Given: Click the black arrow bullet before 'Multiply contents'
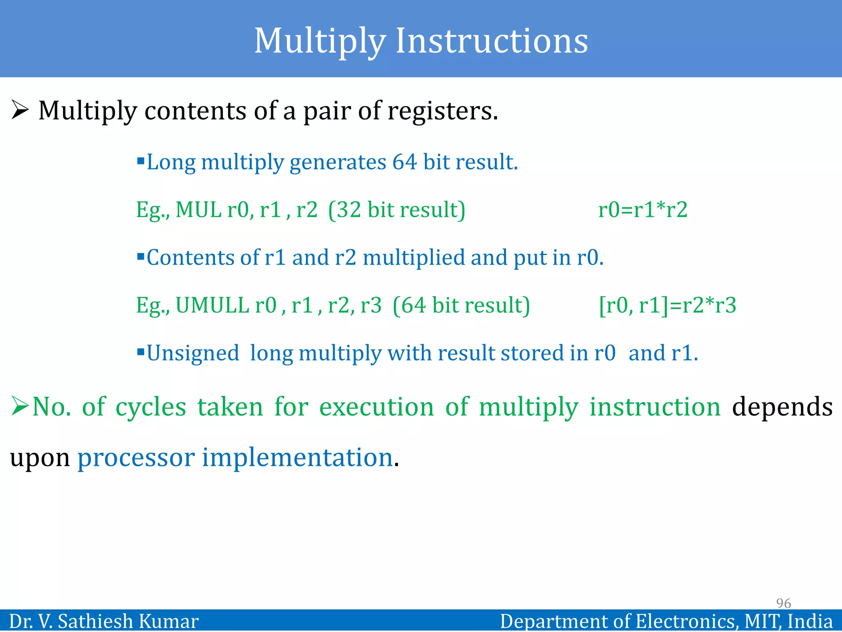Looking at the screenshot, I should click(x=20, y=110).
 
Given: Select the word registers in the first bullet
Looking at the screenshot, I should click(x=442, y=111).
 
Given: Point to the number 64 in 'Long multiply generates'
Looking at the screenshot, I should click(x=405, y=162).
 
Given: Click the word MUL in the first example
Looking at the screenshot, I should click(x=199, y=209).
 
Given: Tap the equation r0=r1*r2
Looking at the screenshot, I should click(x=642, y=209).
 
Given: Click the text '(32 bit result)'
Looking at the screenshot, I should click(x=396, y=209).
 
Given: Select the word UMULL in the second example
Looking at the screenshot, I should click(x=212, y=305).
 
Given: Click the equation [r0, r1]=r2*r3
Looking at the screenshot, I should click(x=667, y=305).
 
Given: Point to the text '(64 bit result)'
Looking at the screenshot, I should click(x=461, y=305).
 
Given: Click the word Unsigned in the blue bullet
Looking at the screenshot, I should click(x=193, y=353).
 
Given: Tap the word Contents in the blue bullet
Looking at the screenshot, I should click(x=190, y=258).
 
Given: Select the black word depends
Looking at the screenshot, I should click(x=782, y=407).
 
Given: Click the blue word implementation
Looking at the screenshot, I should click(x=297, y=457).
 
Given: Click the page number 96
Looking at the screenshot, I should click(x=783, y=603).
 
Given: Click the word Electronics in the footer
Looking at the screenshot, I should click(x=686, y=621).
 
